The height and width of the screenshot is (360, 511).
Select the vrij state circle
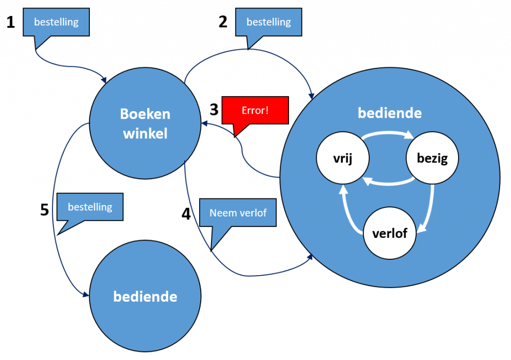[342, 159]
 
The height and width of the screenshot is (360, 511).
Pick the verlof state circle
[389, 233]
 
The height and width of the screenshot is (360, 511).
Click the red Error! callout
[255, 111]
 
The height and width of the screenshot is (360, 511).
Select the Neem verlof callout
[238, 213]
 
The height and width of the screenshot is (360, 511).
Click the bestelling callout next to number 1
[56, 22]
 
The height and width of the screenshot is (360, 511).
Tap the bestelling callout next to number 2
[268, 22]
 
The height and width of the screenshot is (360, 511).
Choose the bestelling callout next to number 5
[90, 206]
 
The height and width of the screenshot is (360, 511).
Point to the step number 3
[214, 109]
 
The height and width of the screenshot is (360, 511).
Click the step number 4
[186, 214]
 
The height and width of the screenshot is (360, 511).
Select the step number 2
[223, 21]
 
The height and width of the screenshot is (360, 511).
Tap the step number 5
[44, 210]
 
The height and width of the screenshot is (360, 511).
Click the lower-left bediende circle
[145, 297]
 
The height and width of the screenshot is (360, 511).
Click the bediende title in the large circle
[389, 113]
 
